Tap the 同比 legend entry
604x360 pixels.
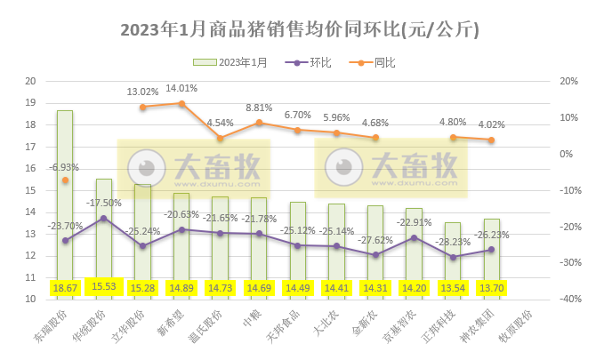(374, 62)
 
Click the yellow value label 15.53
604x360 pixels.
(104, 288)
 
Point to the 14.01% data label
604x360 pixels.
(181, 88)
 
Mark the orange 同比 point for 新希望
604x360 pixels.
(181, 103)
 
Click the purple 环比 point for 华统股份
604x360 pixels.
(104, 218)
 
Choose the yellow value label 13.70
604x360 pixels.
(491, 288)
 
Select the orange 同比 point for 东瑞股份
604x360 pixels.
(65, 180)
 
